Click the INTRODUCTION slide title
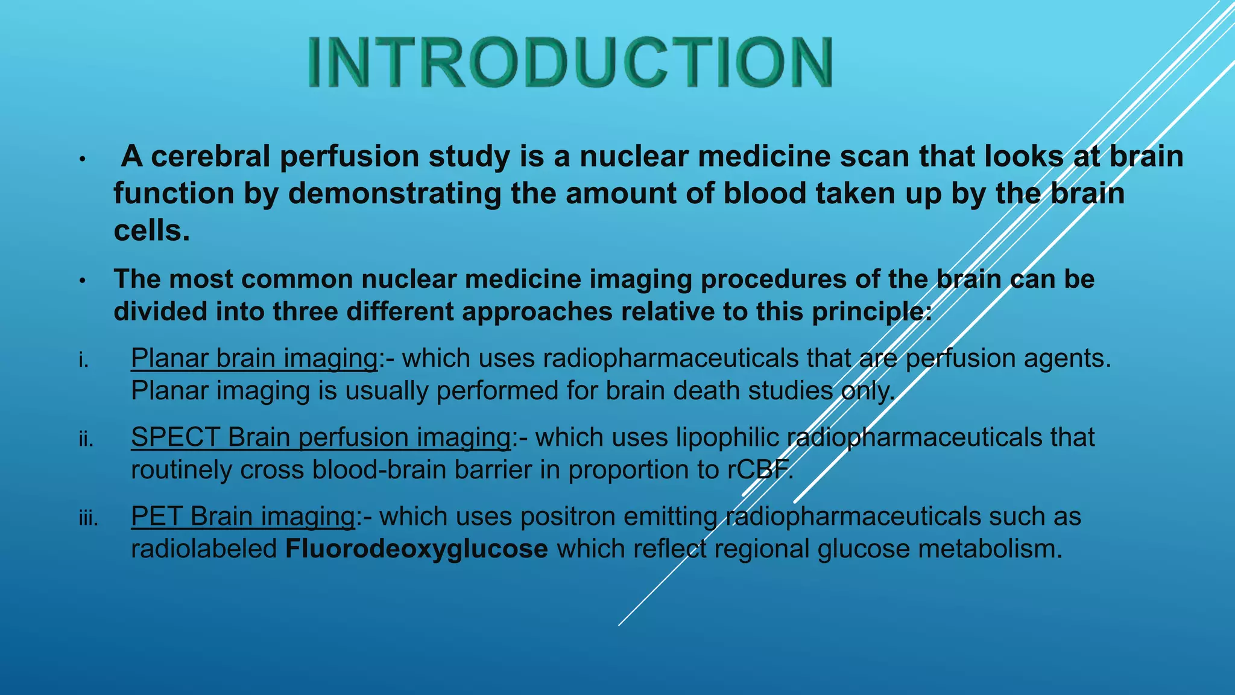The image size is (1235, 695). (x=570, y=62)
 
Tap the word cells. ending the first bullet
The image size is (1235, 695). (x=152, y=231)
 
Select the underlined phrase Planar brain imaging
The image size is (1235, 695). (x=254, y=358)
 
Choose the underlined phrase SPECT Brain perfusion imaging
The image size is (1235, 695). (x=321, y=437)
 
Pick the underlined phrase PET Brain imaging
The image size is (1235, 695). (x=243, y=517)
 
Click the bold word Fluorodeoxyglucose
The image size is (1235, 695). (x=416, y=549)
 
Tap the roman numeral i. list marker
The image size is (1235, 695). (x=84, y=361)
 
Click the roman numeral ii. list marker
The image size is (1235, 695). (x=86, y=440)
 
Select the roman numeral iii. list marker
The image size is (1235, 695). (x=89, y=518)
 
